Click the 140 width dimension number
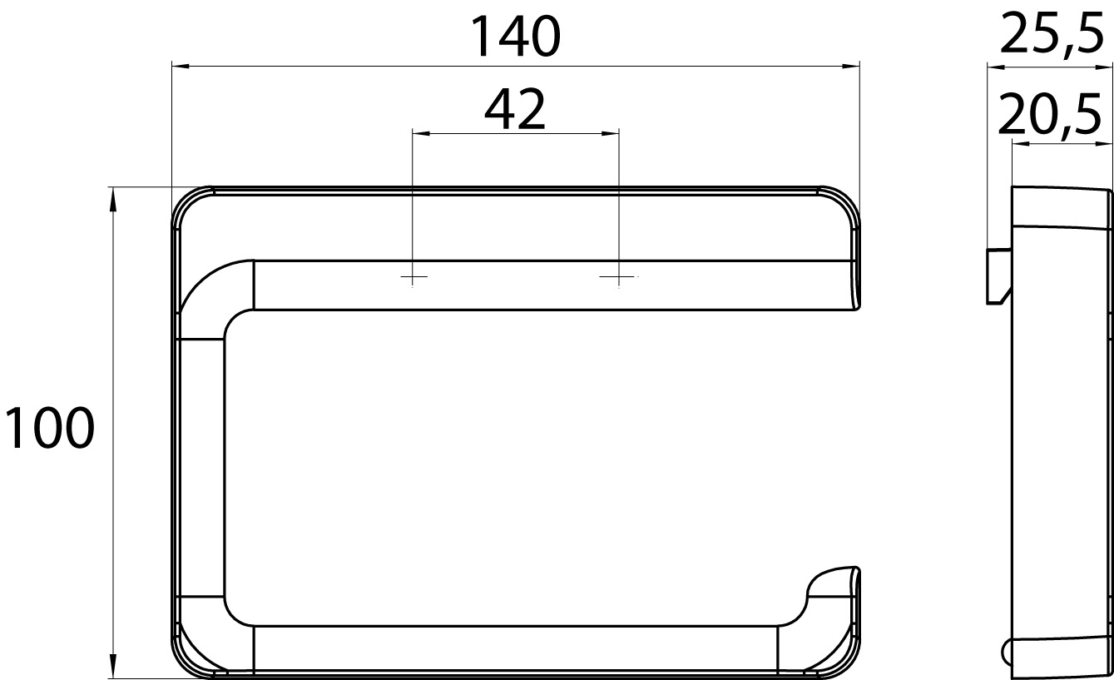pyautogui.click(x=516, y=36)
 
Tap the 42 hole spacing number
pyautogui.click(x=515, y=109)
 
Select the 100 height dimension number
pyautogui.click(x=49, y=427)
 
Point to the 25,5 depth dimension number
pyautogui.click(x=1051, y=34)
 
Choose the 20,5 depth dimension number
pyautogui.click(x=1049, y=116)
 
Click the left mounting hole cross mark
pyautogui.click(x=413, y=276)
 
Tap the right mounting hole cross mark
pyautogui.click(x=619, y=276)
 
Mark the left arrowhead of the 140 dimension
pyautogui.click(x=180, y=66)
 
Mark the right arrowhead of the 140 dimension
pyautogui.click(x=851, y=66)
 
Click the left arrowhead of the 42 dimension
pyautogui.click(x=421, y=133)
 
